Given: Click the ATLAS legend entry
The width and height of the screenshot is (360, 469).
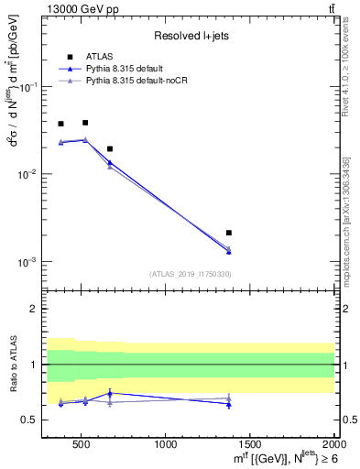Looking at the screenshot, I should [x=97, y=57].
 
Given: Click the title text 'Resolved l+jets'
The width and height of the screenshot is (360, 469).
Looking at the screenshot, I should [x=190, y=36].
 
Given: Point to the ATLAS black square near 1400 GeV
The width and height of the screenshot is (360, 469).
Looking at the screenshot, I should [x=229, y=233].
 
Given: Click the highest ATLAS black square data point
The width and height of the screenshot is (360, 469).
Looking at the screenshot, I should [x=85, y=122].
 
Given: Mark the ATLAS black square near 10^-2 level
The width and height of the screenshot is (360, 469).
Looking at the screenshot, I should [x=110, y=148].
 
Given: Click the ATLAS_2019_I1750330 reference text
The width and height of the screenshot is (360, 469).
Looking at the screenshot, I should [x=190, y=273].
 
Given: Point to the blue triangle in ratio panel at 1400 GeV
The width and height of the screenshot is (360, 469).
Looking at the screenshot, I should [x=229, y=404].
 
